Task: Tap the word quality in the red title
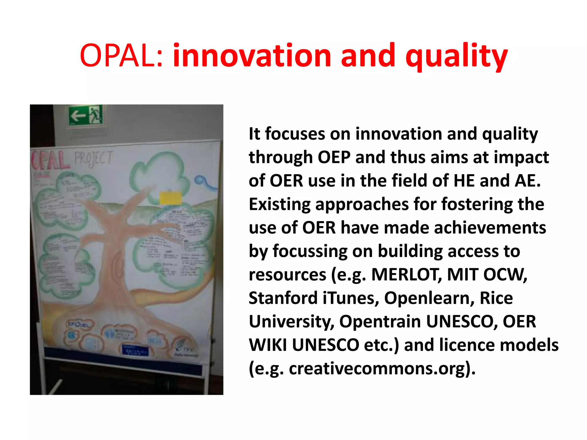tap(456, 57)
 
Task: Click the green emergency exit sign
tap(85, 115)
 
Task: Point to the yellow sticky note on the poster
tap(170, 198)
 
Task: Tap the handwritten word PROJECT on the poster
tap(93, 158)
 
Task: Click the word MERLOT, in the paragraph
tap(406, 274)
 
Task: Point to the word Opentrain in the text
tap(380, 321)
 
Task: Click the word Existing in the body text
tap(279, 204)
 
